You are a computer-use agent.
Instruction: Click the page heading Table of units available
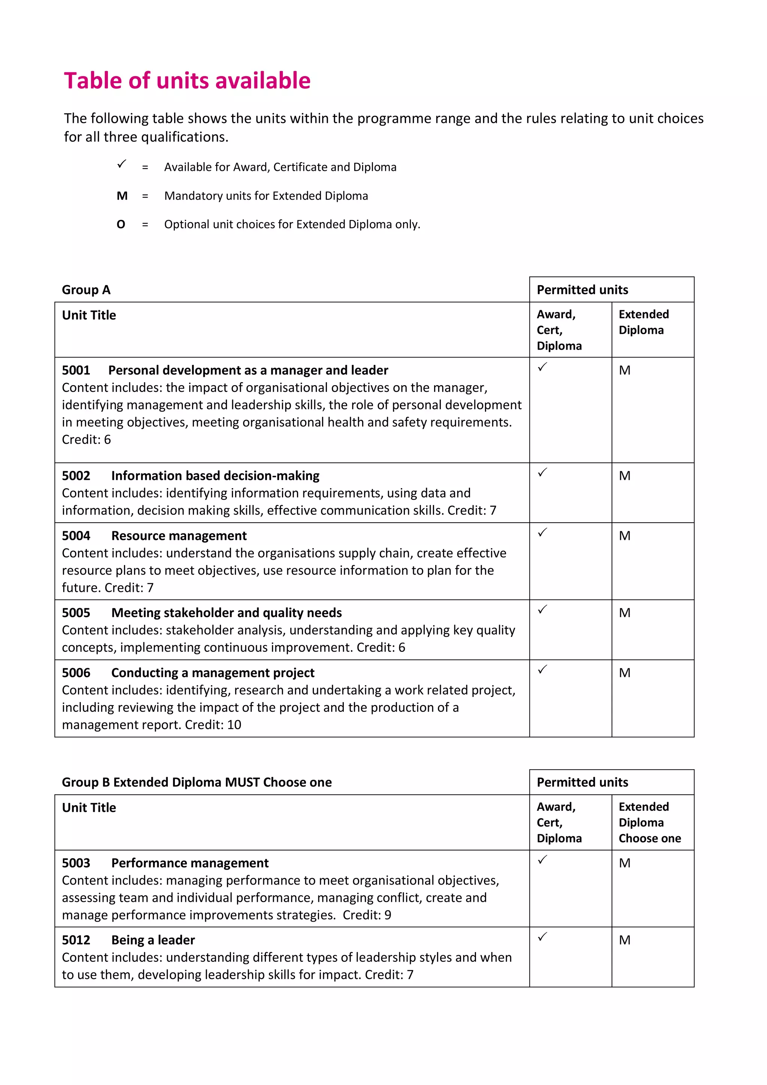click(x=187, y=81)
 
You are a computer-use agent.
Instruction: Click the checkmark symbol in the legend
click(x=122, y=164)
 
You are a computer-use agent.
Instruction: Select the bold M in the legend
click(x=122, y=196)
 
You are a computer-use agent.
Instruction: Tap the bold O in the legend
click(x=121, y=224)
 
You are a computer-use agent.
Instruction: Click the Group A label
click(x=86, y=290)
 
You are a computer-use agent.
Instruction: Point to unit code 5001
click(x=76, y=370)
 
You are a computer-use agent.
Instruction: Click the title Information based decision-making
click(x=215, y=475)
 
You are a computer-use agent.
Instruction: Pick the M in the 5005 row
click(x=624, y=613)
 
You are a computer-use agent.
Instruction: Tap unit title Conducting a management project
click(x=212, y=673)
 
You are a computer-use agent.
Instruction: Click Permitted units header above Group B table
click(x=582, y=782)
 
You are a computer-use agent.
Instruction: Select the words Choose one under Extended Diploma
click(x=649, y=838)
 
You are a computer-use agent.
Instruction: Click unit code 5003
click(x=76, y=863)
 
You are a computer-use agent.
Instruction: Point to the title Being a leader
click(x=153, y=940)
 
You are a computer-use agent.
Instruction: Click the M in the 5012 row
click(x=624, y=940)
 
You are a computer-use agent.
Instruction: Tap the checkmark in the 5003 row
click(x=543, y=859)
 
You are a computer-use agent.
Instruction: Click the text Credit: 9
click(x=367, y=915)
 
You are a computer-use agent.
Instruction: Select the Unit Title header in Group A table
click(x=89, y=315)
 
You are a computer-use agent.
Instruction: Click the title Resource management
click(x=179, y=535)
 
